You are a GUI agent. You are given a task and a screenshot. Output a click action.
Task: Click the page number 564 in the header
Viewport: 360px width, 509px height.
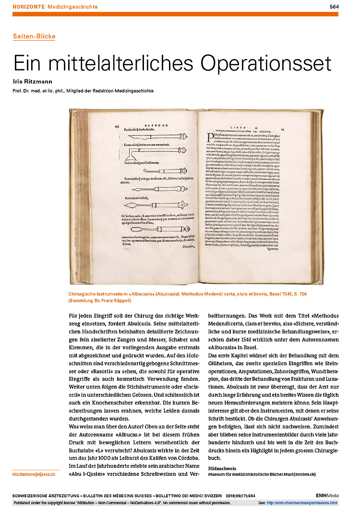[x=334, y=7]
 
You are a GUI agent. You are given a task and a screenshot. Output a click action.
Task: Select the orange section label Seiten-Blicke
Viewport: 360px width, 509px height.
[x=34, y=36]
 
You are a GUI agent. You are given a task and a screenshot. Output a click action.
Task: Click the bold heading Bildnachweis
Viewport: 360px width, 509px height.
[x=222, y=468]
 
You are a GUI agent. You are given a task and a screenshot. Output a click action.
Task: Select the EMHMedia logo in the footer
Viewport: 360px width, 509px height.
[x=328, y=495]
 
